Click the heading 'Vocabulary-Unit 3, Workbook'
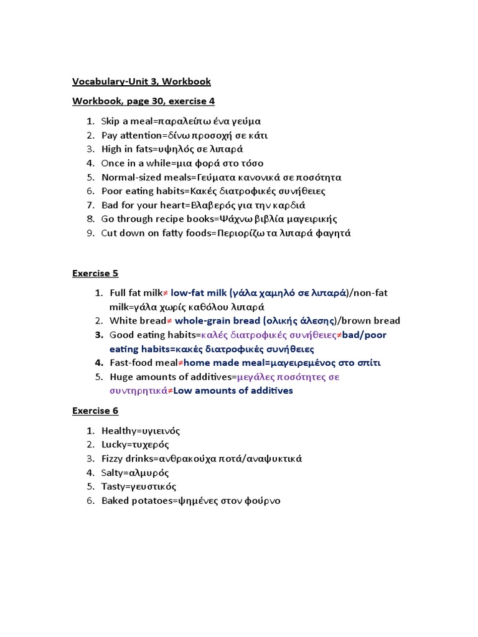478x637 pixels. coord(141,81)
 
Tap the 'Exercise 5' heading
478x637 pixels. coord(95,273)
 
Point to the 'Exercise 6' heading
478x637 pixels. coord(95,411)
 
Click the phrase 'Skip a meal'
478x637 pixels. coord(126,121)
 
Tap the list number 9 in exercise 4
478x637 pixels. coord(90,233)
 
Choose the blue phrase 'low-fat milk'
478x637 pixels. coord(199,293)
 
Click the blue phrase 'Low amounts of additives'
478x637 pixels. coord(233,391)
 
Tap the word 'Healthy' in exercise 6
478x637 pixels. coord(118,430)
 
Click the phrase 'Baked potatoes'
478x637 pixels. coord(136,501)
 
